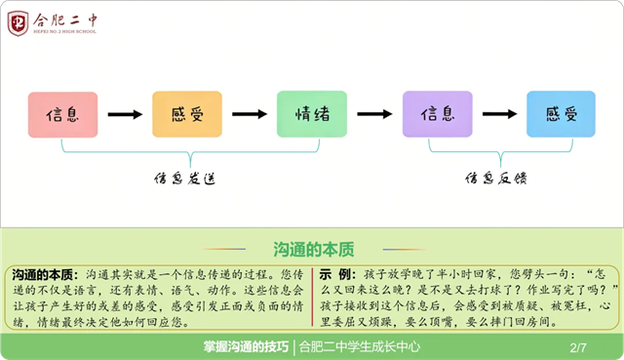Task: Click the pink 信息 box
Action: pyautogui.click(x=62, y=115)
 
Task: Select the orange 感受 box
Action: pyautogui.click(x=187, y=114)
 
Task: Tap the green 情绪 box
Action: pyautogui.click(x=312, y=114)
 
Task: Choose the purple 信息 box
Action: pyautogui.click(x=438, y=114)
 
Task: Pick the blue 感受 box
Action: pyautogui.click(x=562, y=114)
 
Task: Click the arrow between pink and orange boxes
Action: pyautogui.click(x=125, y=115)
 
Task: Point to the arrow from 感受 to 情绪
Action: pyautogui.click(x=250, y=114)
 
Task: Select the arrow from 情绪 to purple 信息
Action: pyautogui.click(x=374, y=114)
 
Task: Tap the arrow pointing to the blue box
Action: pyautogui.click(x=499, y=114)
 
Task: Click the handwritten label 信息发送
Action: pyautogui.click(x=185, y=179)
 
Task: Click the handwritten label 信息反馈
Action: pyautogui.click(x=496, y=178)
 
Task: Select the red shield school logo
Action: pyautogui.click(x=18, y=23)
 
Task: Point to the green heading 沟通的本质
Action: pyautogui.click(x=314, y=250)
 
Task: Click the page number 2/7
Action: pyautogui.click(x=578, y=347)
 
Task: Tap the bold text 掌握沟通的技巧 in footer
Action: pyautogui.click(x=246, y=347)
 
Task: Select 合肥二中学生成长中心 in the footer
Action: pyautogui.click(x=360, y=347)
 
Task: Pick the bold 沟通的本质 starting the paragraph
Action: pyautogui.click(x=42, y=274)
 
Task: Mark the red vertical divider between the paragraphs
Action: pyautogui.click(x=312, y=298)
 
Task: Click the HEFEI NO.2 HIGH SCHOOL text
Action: pyautogui.click(x=64, y=31)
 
